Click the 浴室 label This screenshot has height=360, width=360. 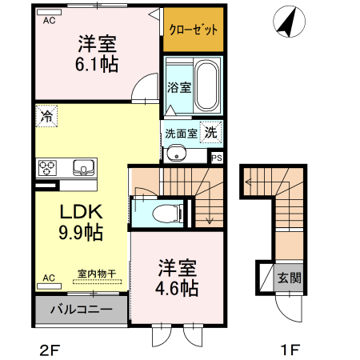[178, 88]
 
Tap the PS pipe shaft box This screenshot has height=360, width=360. [217, 158]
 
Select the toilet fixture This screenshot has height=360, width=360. [165, 213]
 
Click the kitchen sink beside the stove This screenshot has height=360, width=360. [83, 168]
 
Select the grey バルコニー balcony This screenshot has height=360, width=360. [80, 309]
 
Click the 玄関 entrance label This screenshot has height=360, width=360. [289, 278]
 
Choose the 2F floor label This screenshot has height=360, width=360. [49, 349]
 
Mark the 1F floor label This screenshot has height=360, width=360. [290, 349]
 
